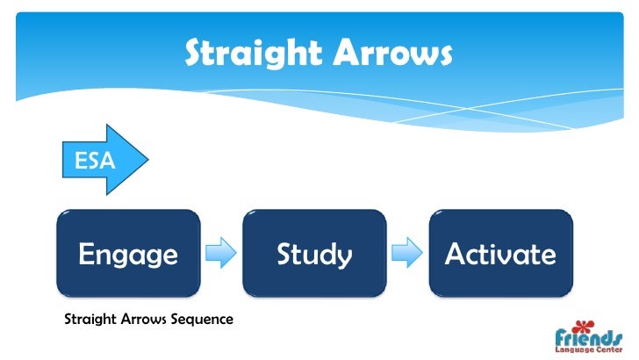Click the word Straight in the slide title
(247, 54)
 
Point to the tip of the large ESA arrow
(149, 160)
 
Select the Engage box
(128, 254)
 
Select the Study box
(314, 254)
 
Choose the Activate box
(500, 254)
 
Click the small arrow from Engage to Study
(221, 254)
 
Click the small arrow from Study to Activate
(406, 254)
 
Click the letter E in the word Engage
(86, 254)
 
